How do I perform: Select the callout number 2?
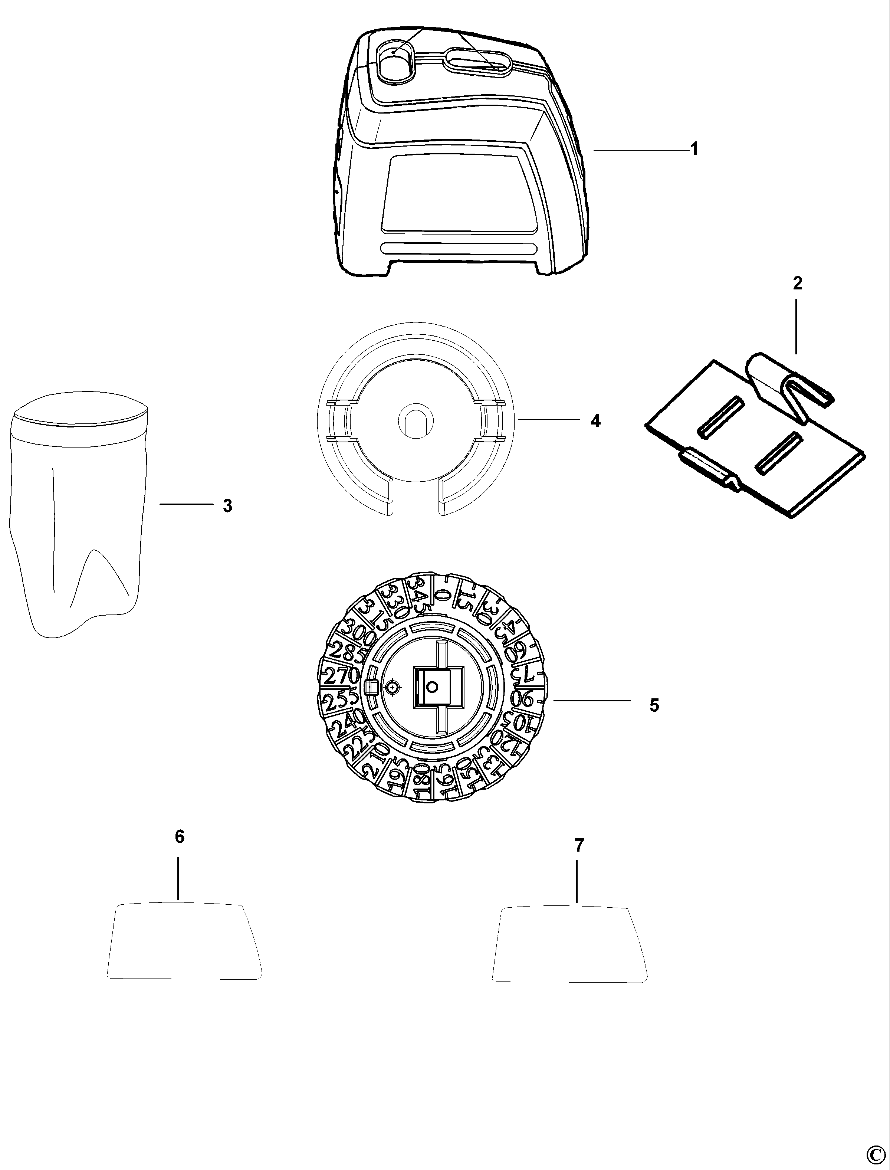tap(797, 284)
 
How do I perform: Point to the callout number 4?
tap(595, 421)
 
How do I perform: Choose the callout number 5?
tap(654, 705)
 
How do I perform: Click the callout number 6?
tap(180, 837)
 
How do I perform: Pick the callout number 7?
tap(579, 846)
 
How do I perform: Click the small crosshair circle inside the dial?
tap(392, 687)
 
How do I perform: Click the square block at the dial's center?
tap(432, 687)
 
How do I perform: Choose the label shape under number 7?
tap(570, 944)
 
